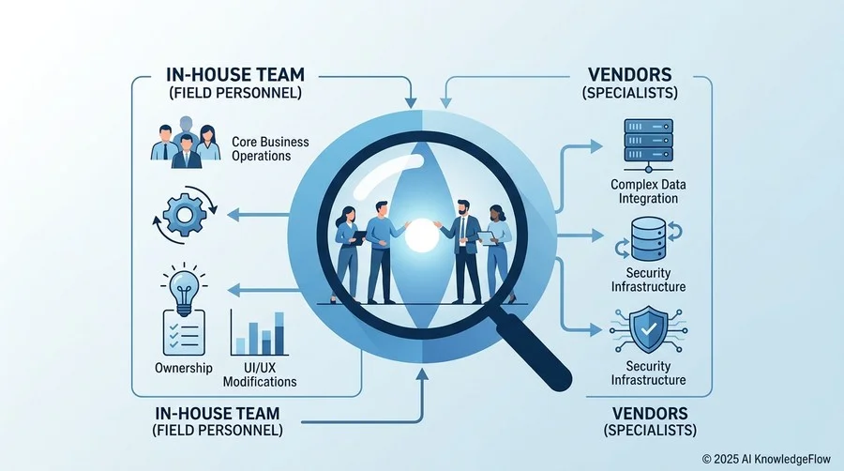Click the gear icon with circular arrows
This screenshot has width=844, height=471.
click(x=185, y=215)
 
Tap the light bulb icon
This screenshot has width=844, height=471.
click(x=184, y=289)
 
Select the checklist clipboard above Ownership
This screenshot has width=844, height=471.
click(x=184, y=333)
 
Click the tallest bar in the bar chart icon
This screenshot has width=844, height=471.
click(x=279, y=333)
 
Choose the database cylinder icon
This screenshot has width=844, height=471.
click(x=648, y=238)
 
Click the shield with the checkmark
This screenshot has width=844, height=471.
click(x=649, y=329)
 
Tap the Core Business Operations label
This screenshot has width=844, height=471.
click(x=270, y=148)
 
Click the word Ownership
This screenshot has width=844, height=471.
click(x=184, y=368)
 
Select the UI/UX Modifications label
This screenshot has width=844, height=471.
click(x=260, y=374)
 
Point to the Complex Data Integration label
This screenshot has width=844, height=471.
click(x=648, y=191)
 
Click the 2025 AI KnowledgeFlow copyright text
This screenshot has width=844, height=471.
click(x=766, y=459)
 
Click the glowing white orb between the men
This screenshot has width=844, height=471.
click(x=421, y=235)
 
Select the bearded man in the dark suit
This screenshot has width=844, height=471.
click(x=463, y=251)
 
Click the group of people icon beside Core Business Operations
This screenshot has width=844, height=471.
click(x=186, y=142)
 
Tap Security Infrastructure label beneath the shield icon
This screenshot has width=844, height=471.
click(x=648, y=373)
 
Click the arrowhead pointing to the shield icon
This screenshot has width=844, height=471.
click(x=595, y=329)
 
